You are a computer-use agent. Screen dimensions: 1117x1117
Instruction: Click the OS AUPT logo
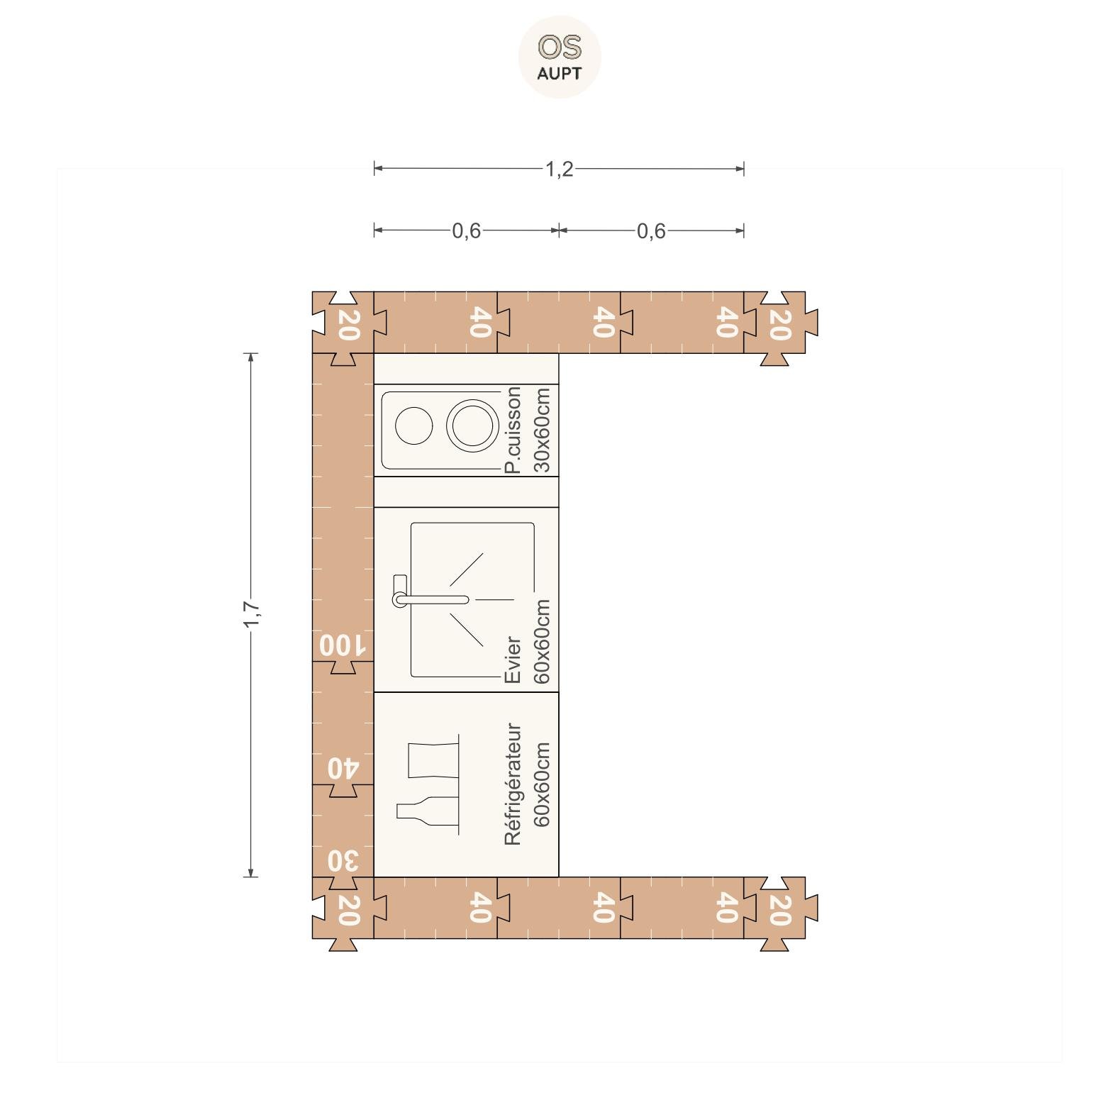tap(560, 57)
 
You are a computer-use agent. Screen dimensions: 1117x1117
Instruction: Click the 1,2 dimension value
tap(559, 170)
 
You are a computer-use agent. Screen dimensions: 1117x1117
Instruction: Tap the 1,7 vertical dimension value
tap(252, 614)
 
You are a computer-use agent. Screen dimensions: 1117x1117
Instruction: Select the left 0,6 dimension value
tap(467, 231)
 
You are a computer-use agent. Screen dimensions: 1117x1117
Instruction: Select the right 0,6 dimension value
tap(651, 231)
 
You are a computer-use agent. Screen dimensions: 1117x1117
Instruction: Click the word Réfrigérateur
tap(513, 784)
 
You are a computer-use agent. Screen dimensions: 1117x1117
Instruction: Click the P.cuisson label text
tap(512, 430)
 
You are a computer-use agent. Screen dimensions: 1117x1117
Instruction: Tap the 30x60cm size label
tap(541, 430)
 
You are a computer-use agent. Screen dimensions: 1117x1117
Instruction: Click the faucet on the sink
tap(430, 599)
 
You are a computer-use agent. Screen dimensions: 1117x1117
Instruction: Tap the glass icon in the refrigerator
tap(433, 760)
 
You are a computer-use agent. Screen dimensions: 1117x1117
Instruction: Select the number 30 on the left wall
tap(343, 861)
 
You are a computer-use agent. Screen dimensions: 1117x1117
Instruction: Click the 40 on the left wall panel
tap(343, 768)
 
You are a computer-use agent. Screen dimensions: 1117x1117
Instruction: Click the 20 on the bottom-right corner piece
tap(779, 911)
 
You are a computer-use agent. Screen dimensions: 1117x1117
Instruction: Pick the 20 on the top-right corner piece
tap(779, 324)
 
